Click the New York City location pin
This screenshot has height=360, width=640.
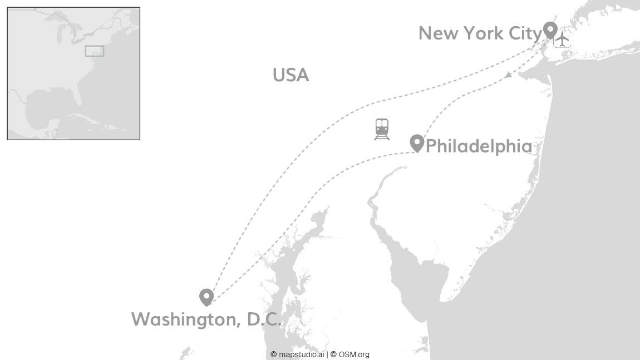click(550, 29)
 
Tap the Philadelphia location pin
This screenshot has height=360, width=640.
click(417, 142)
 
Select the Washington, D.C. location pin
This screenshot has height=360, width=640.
click(206, 297)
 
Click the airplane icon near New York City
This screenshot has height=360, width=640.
click(563, 39)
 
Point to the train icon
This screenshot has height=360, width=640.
click(382, 129)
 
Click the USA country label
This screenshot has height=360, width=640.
click(291, 75)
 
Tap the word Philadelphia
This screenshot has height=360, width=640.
click(479, 146)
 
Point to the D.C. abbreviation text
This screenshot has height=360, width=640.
click(264, 319)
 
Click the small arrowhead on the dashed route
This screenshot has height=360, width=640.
click(508, 75)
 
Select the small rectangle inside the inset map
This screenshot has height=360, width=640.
click(94, 51)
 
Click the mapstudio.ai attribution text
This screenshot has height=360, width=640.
click(300, 354)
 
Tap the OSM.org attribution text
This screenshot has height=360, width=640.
click(353, 354)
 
